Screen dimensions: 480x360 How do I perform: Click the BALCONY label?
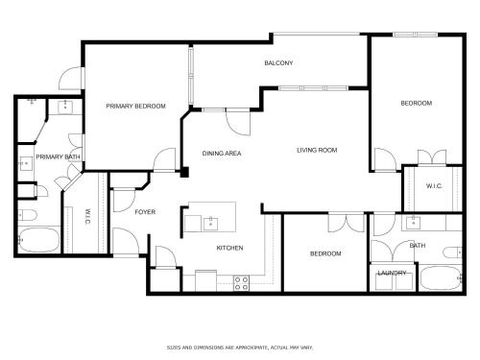coord(278,63)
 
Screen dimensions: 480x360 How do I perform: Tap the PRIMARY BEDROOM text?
coord(135,106)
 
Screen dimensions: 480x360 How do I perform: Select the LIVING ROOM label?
coord(317,150)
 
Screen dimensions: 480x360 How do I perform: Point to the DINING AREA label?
coord(222,154)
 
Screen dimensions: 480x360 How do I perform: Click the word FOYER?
coord(145,212)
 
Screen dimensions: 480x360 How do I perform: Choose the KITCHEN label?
coord(229,248)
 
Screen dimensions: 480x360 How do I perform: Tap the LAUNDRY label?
coord(392,273)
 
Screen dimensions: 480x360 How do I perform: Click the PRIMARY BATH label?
coord(58,156)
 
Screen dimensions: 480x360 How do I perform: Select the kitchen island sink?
coord(210,224)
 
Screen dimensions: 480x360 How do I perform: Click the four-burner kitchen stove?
coord(241,283)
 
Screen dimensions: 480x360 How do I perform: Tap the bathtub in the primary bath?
coord(39,240)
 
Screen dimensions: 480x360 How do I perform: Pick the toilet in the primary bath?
coord(28,215)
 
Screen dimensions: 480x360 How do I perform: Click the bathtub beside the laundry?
coord(441,277)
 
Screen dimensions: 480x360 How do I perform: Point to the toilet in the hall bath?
coord(453,252)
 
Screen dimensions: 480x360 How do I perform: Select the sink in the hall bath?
coord(414,223)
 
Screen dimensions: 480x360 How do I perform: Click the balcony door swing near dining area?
coord(237,123)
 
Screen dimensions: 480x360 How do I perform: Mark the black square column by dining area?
coord(184,172)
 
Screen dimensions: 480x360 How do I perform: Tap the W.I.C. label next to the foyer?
coord(87,216)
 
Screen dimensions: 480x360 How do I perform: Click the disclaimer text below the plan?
coord(240,348)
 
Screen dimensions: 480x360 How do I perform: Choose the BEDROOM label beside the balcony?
coord(417,103)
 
